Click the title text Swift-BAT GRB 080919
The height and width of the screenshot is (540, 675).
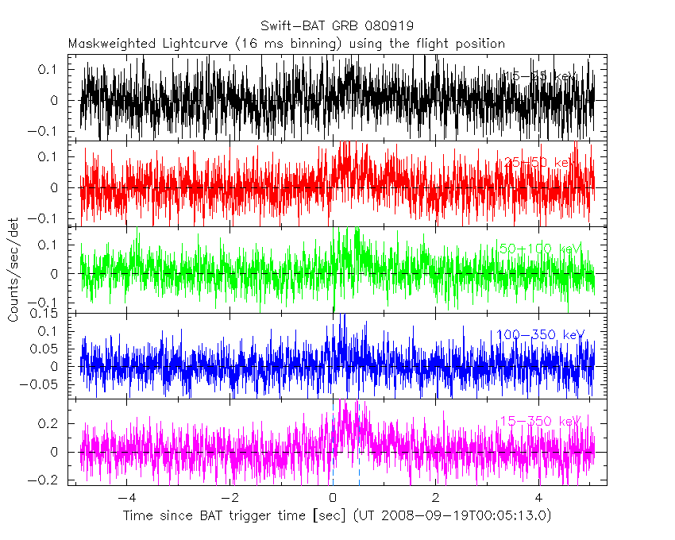[337, 25]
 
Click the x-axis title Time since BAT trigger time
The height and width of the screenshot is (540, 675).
[229, 516]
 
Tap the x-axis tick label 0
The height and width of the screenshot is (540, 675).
[333, 498]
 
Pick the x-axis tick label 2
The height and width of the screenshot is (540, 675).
[435, 498]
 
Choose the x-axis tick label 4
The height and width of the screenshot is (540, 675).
[538, 498]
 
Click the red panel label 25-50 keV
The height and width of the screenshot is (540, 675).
[537, 163]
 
